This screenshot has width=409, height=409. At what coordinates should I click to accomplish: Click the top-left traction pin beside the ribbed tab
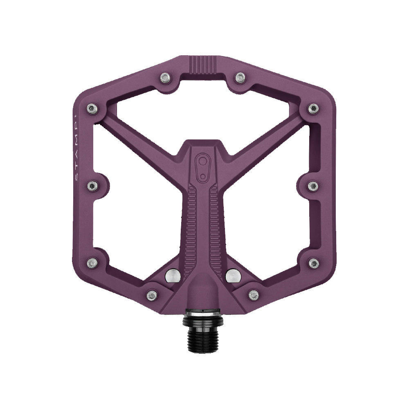click(x=165, y=77)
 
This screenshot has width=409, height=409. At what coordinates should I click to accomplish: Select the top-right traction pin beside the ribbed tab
click(x=240, y=77)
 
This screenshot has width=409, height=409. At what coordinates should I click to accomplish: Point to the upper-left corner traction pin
click(x=92, y=108)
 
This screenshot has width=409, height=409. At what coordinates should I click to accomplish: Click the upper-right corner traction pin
click(x=313, y=108)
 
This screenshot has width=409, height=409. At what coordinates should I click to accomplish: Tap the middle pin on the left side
click(x=92, y=186)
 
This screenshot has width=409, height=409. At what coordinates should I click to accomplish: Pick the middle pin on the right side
click(x=313, y=186)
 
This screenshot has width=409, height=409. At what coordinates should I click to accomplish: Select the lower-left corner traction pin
click(x=92, y=263)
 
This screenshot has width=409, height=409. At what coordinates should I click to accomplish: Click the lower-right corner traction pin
click(x=314, y=263)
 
